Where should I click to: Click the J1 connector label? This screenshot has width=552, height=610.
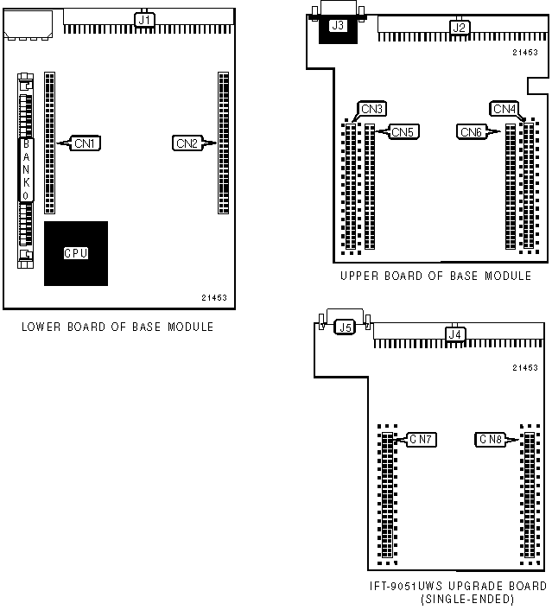[144, 17]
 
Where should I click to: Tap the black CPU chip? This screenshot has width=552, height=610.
[76, 253]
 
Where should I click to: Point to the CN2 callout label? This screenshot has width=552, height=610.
[187, 143]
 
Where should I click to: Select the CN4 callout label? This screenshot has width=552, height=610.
[504, 109]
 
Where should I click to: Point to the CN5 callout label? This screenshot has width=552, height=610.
[403, 131]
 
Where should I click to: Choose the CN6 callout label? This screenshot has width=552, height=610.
[472, 131]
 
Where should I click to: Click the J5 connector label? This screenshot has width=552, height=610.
[345, 327]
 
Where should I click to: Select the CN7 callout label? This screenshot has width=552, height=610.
[421, 439]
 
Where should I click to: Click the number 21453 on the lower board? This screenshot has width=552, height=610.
[213, 297]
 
